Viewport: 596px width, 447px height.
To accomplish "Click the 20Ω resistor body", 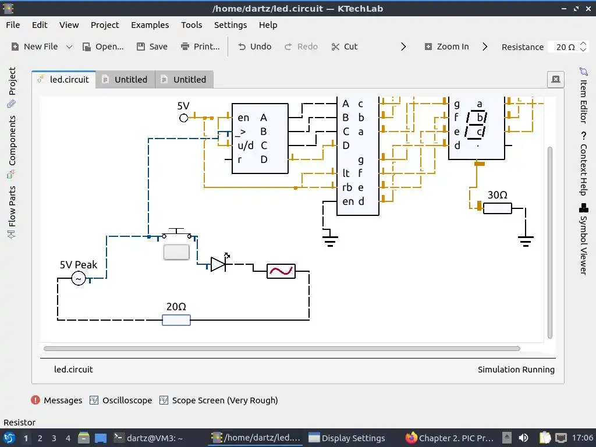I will [x=176, y=320].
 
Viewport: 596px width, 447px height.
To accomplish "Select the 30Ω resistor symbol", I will [x=498, y=208].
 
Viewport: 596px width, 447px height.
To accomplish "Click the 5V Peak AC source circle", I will [x=79, y=279].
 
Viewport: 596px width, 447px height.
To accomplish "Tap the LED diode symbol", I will [x=218, y=264].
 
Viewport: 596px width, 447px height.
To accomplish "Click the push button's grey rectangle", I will [x=176, y=252].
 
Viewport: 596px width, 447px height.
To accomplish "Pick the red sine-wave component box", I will [x=281, y=271].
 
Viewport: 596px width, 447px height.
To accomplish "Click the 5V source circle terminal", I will [x=184, y=118].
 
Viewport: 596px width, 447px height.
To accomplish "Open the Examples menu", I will [x=150, y=25].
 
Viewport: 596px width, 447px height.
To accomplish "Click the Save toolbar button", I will [x=152, y=47].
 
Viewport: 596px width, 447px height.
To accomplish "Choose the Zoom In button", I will [x=446, y=47].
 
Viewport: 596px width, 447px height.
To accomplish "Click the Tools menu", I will [x=191, y=25].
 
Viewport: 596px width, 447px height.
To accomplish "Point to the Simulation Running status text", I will [x=516, y=370].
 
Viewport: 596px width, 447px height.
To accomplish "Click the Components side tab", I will [x=12, y=140].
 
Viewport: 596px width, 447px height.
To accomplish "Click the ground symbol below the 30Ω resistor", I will [x=526, y=240].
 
